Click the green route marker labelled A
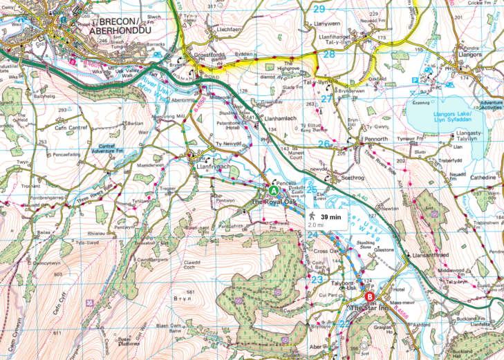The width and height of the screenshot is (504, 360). click(273, 190)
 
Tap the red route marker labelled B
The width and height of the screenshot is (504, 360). click(369, 297)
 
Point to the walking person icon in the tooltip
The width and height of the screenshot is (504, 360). click(313, 216)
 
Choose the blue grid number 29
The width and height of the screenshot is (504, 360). click(318, 9)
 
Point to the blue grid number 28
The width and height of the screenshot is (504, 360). click(329, 54)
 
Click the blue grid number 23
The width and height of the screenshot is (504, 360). click(317, 280)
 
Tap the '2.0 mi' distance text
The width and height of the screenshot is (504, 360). click(315, 225)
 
